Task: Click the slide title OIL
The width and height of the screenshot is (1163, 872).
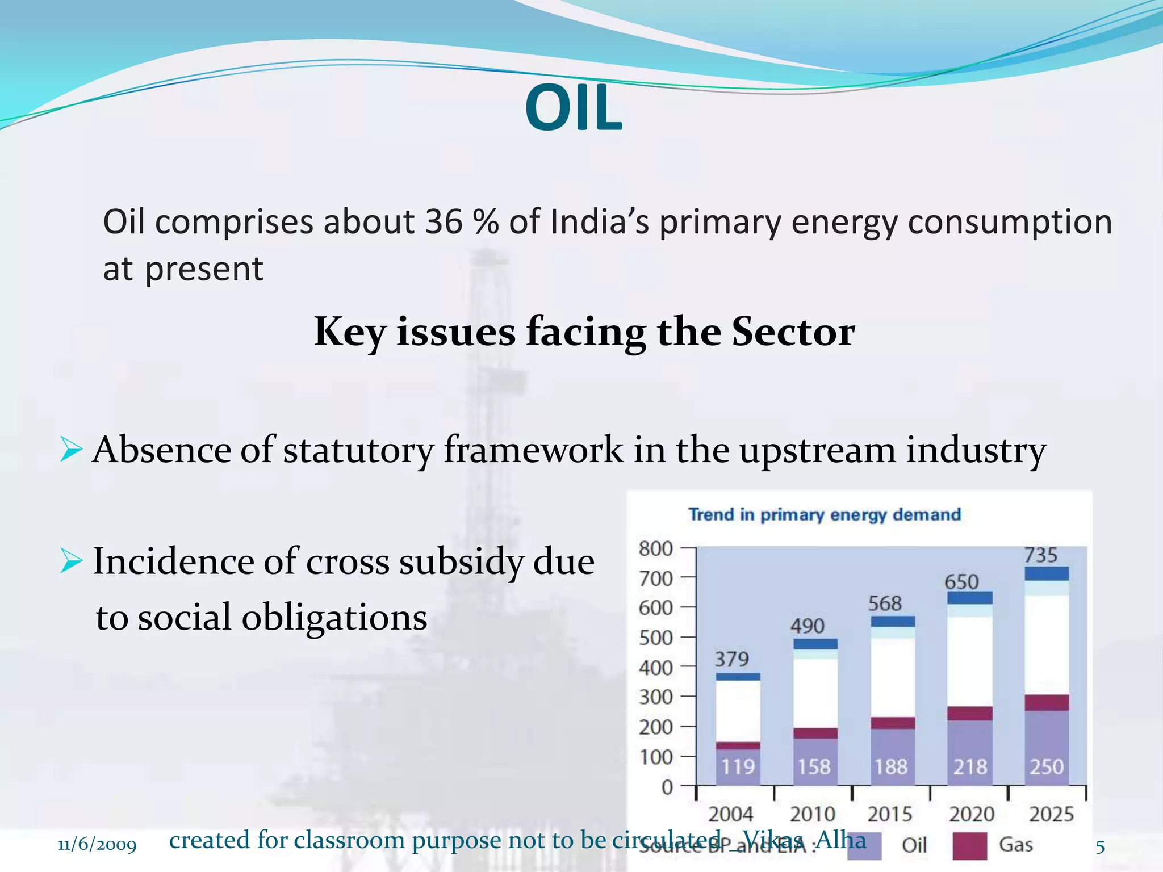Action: point(574,108)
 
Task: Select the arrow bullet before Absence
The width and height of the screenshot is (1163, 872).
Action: point(70,450)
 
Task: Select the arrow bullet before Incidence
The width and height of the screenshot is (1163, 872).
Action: point(70,561)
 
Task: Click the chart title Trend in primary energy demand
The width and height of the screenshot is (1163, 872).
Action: point(825,514)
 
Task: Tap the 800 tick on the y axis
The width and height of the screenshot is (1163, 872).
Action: point(655,549)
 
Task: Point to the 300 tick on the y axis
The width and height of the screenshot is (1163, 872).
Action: point(655,697)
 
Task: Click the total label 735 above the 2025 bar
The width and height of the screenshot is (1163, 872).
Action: point(1041,555)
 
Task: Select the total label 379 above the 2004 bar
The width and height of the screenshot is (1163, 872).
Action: point(731,659)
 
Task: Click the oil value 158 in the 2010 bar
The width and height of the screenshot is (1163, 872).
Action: point(814,767)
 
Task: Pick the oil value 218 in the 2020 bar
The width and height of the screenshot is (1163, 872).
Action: point(970,767)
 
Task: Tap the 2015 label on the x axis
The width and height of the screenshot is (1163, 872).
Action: point(890,815)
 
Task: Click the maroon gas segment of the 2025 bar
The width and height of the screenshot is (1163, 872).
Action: point(1047,702)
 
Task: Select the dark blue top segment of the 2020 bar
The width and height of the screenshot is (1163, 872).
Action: point(970,598)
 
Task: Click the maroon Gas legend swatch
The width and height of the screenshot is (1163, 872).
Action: point(969,845)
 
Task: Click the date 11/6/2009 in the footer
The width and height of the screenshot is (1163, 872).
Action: point(97,845)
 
